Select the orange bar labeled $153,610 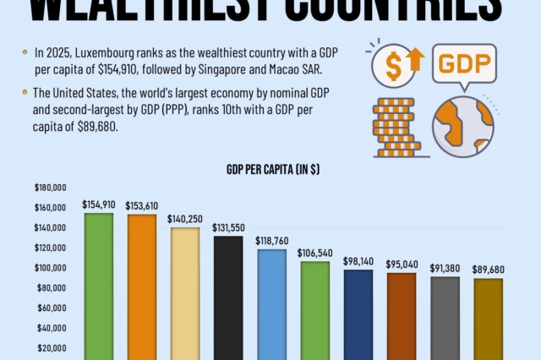[142, 286]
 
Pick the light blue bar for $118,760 [271, 304]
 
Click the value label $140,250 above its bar [185, 218]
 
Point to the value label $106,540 [314, 253]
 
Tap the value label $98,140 [358, 261]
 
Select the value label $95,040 [402, 264]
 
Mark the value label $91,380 [445, 268]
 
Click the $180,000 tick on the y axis [51, 188]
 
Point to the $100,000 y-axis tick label [51, 268]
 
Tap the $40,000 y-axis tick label [52, 328]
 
